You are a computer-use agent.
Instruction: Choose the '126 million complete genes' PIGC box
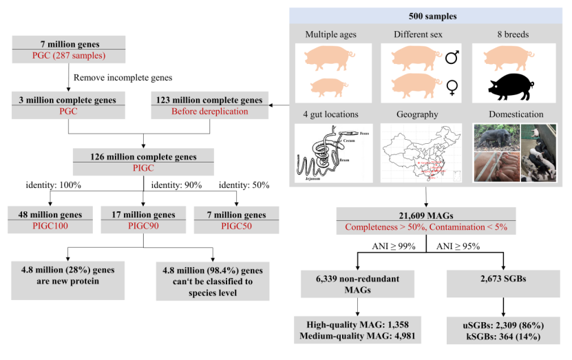pos(143,162)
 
